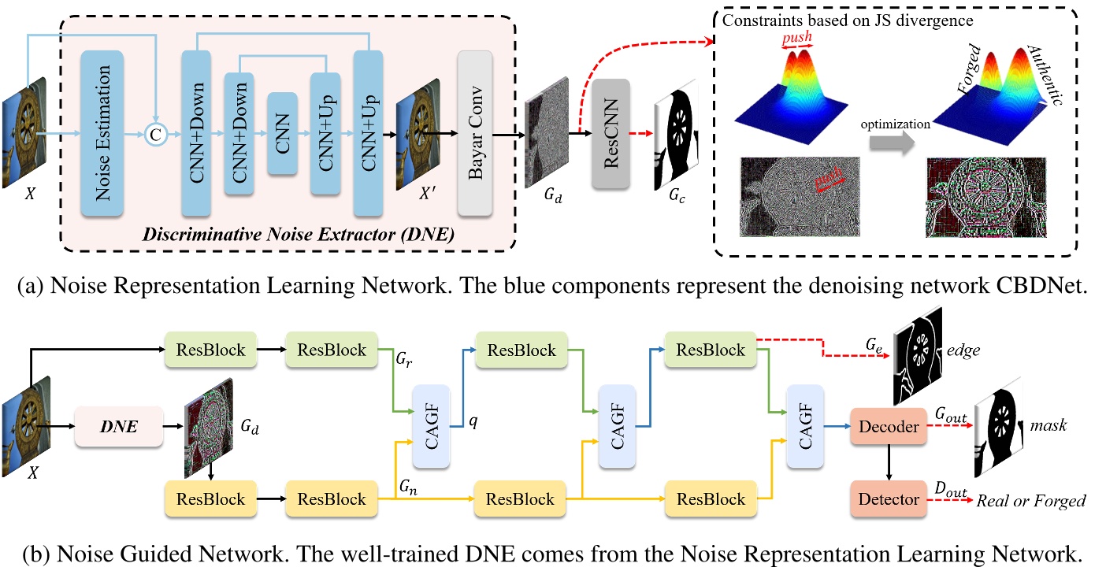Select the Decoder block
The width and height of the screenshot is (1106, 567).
click(x=889, y=427)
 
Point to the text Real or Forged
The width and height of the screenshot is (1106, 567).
click(x=1031, y=500)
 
